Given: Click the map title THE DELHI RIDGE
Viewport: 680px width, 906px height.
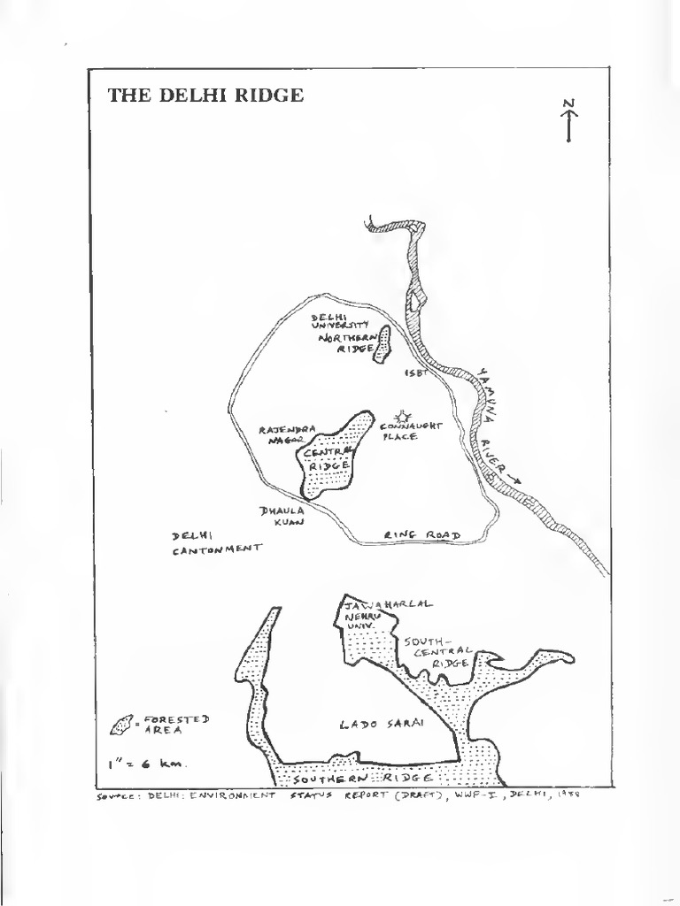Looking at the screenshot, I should tap(205, 96).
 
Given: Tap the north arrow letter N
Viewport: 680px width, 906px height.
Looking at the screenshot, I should tap(568, 104).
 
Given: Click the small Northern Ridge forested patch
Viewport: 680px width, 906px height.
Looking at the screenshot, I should tap(383, 345).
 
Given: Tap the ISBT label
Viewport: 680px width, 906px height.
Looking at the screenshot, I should tap(416, 372).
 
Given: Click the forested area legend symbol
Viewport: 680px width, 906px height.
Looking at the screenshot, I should tap(123, 726).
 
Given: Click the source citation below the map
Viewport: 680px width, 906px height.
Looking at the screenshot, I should tap(336, 794).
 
